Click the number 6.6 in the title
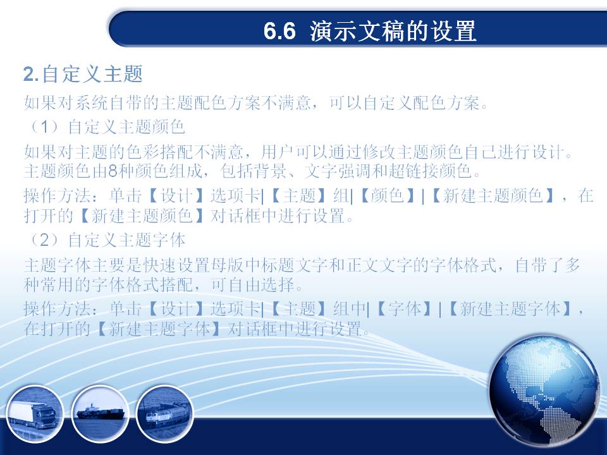[279, 31]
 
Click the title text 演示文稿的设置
[393, 31]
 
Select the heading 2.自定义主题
[83, 74]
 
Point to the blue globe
[544, 391]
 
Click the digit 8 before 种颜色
[113, 171]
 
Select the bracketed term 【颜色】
[388, 196]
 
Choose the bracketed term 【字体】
[405, 309]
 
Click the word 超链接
[413, 171]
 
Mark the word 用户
[278, 152]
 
